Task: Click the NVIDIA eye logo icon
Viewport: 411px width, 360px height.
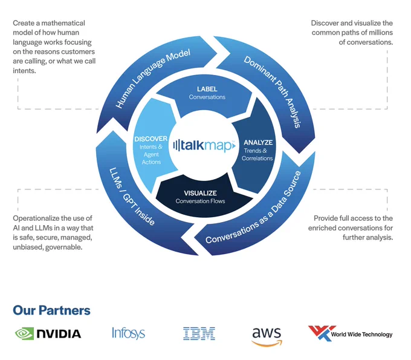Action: pyautogui.click(x=24, y=333)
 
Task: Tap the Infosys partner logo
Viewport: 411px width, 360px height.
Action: pyautogui.click(x=128, y=333)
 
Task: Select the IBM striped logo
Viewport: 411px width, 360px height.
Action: pyautogui.click(x=199, y=333)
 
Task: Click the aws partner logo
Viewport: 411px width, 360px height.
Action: pyautogui.click(x=267, y=336)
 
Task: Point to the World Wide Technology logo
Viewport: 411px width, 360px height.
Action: pyautogui.click(x=350, y=333)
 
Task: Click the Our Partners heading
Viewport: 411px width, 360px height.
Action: pyautogui.click(x=51, y=310)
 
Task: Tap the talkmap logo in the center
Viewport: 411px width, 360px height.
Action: pyautogui.click(x=204, y=145)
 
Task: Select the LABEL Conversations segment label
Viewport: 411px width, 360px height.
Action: pyautogui.click(x=207, y=93)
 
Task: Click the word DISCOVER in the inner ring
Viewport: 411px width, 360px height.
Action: pyautogui.click(x=150, y=139)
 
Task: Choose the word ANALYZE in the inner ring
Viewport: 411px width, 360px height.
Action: pyautogui.click(x=258, y=142)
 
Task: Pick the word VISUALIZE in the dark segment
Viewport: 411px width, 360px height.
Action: pyautogui.click(x=200, y=193)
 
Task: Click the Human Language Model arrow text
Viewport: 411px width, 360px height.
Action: pyautogui.click(x=153, y=78)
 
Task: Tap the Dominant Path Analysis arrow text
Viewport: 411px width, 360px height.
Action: pyautogui.click(x=273, y=91)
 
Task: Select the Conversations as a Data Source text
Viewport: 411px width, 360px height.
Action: pyautogui.click(x=253, y=208)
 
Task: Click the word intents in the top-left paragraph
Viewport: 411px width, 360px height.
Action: pyautogui.click(x=24, y=71)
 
